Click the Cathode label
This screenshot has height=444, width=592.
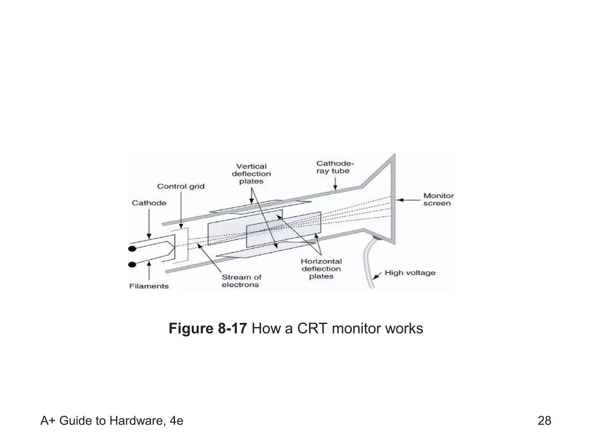pyautogui.click(x=149, y=203)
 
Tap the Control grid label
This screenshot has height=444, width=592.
pyautogui.click(x=181, y=186)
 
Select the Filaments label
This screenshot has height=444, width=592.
pyautogui.click(x=149, y=286)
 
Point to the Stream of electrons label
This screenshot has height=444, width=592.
pyautogui.click(x=241, y=281)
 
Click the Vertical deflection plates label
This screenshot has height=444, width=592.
pyautogui.click(x=251, y=174)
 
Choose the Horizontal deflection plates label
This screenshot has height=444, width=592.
pyautogui.click(x=321, y=269)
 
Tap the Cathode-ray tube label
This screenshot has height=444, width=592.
pyautogui.click(x=334, y=167)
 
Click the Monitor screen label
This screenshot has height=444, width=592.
pyautogui.click(x=438, y=199)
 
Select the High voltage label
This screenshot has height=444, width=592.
pyautogui.click(x=410, y=273)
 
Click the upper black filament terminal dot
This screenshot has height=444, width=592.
pyautogui.click(x=132, y=249)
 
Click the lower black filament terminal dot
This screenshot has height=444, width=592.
pyautogui.click(x=132, y=264)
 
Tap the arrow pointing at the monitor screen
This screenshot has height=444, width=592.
pyautogui.click(x=408, y=200)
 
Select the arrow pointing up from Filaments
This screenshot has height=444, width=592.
pyautogui.click(x=149, y=270)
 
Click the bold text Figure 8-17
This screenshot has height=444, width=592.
pyautogui.click(x=208, y=329)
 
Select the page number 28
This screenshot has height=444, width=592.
pyautogui.click(x=544, y=421)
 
